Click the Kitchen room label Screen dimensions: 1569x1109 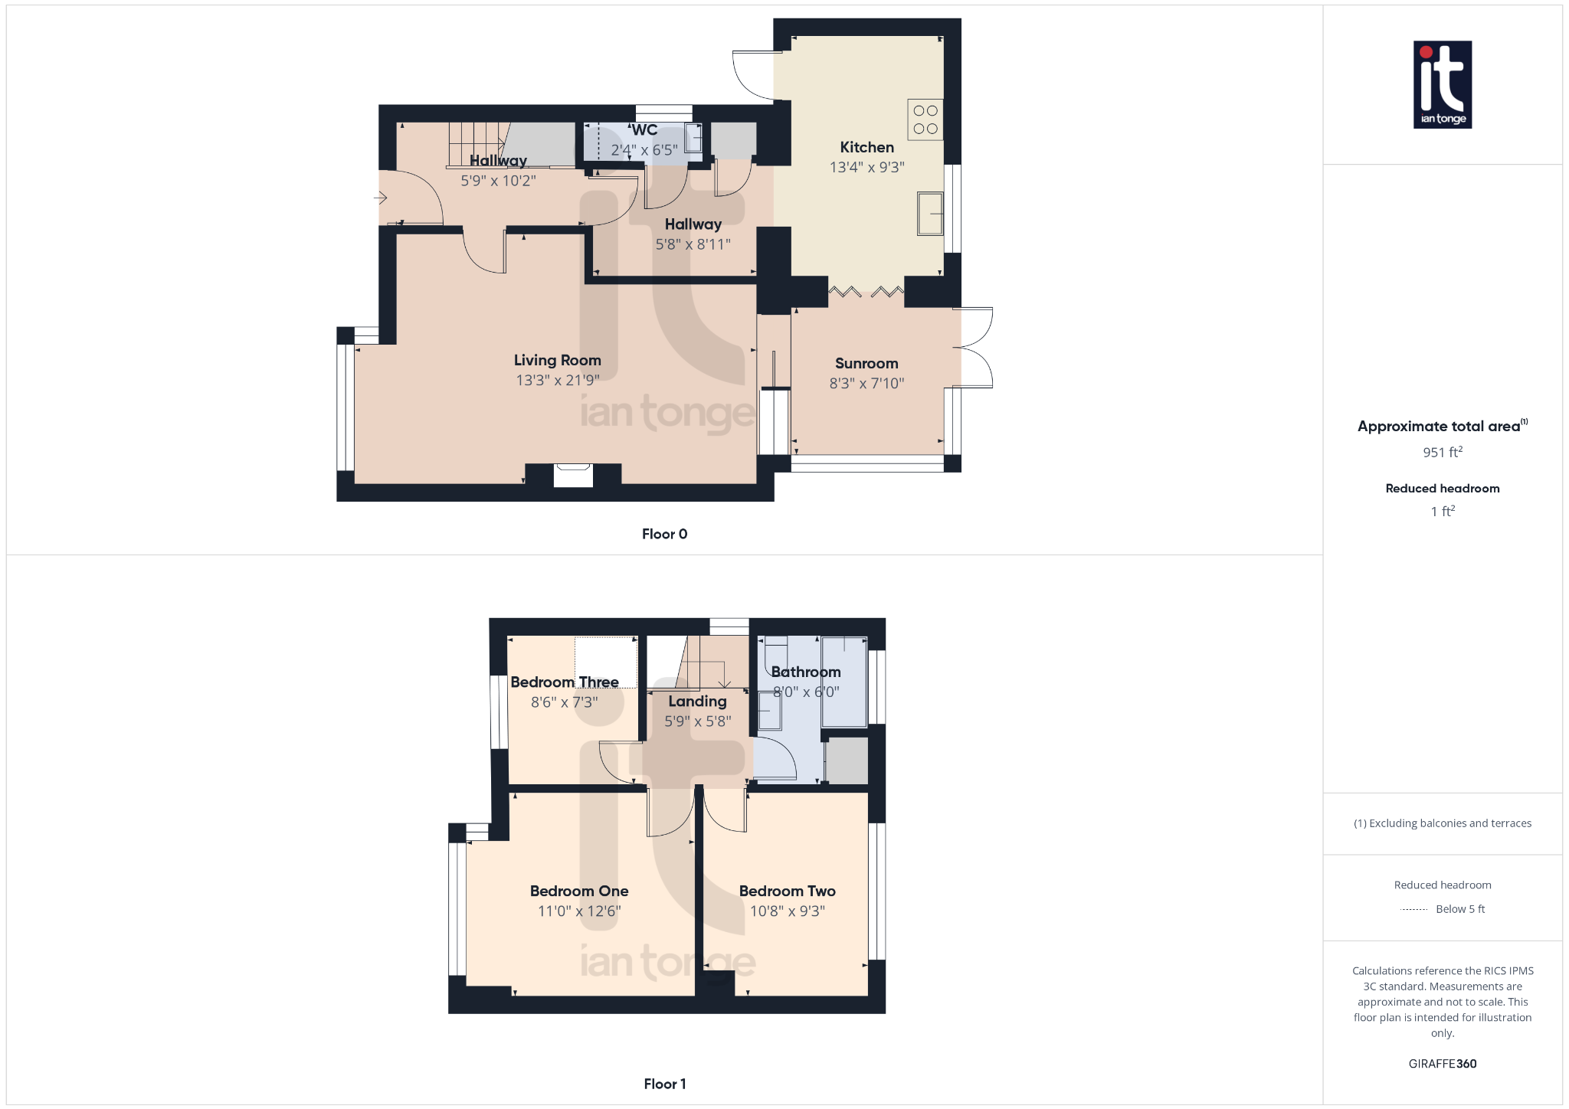pos(866,147)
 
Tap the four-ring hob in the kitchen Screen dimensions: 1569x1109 pos(925,119)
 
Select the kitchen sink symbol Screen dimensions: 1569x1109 pos(930,214)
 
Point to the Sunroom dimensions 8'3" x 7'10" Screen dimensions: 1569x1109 pos(866,383)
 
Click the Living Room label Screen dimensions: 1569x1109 pos(557,360)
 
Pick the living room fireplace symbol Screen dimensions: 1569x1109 pos(573,475)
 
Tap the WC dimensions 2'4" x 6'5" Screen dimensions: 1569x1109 pos(644,150)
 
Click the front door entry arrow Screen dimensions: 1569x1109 pos(381,198)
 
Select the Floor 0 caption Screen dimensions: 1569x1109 pos(664,534)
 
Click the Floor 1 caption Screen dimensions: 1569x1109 pos(664,1084)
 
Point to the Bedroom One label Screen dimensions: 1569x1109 pos(579,891)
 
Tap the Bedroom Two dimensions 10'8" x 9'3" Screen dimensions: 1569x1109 pos(788,911)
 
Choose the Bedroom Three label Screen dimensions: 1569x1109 pos(565,682)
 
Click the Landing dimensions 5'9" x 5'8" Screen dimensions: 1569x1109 pos(697,721)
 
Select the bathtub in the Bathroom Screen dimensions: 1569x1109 pos(844,682)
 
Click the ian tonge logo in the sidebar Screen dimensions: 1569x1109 pos(1443,84)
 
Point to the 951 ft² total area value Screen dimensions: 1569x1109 pos(1443,452)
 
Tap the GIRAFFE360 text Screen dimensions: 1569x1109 pos(1443,1064)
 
